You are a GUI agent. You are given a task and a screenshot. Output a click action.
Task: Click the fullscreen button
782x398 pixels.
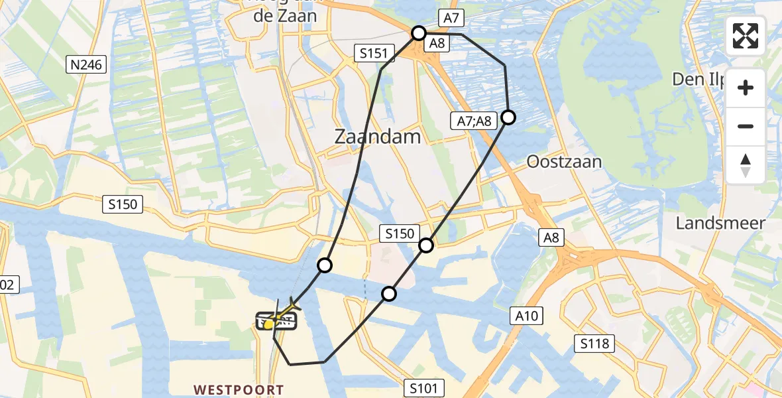(746, 36)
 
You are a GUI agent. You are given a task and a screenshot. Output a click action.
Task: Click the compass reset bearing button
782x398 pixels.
(746, 165)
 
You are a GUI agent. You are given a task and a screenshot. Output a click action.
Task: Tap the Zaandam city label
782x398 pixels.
(378, 137)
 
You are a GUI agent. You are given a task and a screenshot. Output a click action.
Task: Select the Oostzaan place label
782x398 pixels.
(564, 162)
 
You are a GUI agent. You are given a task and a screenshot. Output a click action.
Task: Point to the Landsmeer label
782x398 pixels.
(720, 223)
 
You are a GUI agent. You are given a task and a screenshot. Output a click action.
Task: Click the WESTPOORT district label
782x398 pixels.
(239, 390)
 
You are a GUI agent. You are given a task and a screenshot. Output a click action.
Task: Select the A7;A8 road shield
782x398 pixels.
(474, 121)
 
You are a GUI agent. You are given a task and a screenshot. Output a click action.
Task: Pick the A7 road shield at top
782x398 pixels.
(450, 20)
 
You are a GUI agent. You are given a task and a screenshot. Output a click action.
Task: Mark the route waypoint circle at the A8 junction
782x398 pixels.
(419, 33)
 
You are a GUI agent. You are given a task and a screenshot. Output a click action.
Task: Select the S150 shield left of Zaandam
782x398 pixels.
(124, 204)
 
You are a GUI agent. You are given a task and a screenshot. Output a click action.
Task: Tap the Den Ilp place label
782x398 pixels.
(697, 80)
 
